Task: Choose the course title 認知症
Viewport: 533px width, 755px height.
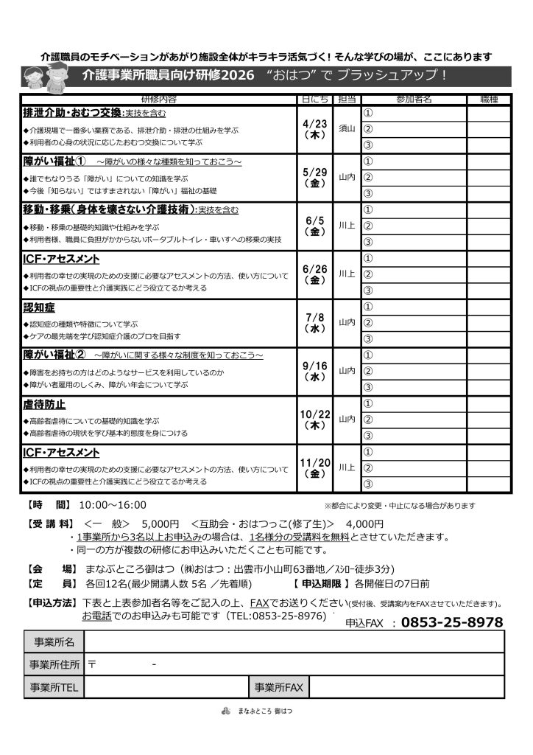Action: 40,307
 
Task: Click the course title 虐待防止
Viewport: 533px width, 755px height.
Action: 45,404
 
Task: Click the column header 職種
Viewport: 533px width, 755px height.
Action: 488,99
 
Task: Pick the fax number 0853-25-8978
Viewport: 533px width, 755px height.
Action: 452,622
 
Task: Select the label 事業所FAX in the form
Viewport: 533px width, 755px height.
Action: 279,687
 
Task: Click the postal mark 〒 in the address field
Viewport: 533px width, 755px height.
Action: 92,665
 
